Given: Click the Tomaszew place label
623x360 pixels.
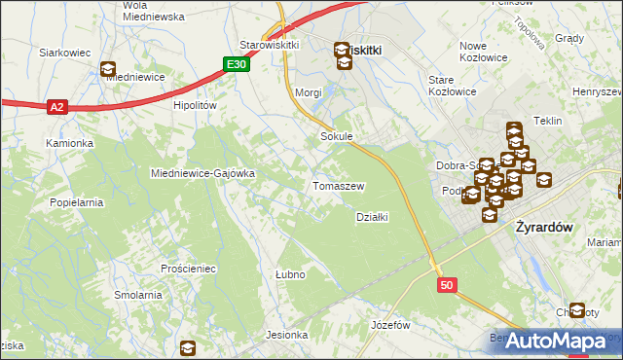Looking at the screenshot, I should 338,186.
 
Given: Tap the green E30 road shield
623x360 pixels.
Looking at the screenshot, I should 236,64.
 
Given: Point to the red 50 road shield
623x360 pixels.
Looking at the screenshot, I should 447,285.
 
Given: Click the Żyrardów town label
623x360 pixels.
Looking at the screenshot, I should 540,226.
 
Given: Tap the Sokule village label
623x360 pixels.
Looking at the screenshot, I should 336,137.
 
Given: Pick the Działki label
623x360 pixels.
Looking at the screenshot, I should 373,217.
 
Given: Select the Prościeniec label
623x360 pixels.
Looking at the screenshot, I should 189,268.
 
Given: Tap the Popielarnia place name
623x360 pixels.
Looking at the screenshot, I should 77,202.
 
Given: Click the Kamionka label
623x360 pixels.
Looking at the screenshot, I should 69,143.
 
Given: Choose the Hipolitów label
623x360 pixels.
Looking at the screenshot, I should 194,105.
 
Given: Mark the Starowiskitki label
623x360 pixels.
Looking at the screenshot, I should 269,45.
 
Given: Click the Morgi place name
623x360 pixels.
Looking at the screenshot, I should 308,92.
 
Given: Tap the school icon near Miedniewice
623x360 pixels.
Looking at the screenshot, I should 107,69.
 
